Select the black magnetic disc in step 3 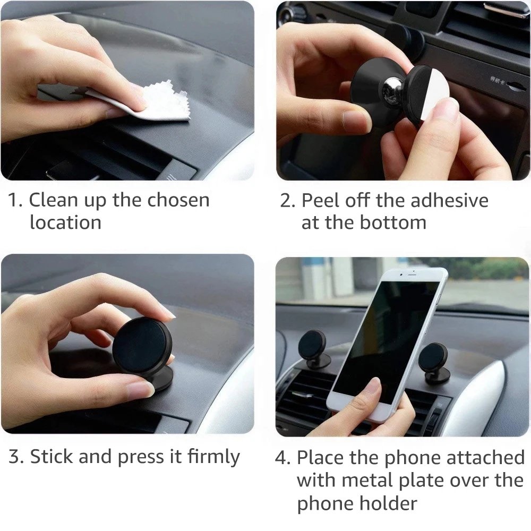tap(141, 345)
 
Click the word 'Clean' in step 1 tap(53, 200)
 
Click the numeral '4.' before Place tap(283, 457)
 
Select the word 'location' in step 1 tap(65, 222)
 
